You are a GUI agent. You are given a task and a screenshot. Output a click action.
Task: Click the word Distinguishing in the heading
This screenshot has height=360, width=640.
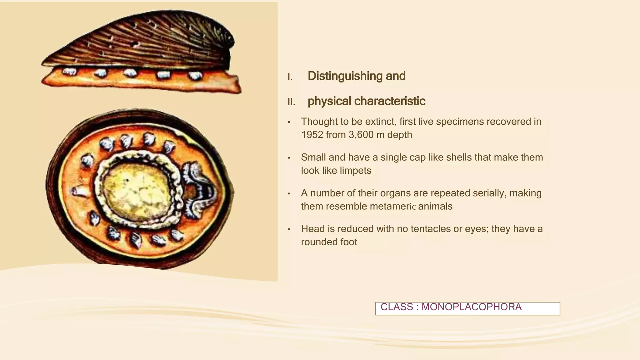[345, 76]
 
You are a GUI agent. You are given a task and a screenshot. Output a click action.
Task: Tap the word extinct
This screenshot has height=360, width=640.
[379, 122]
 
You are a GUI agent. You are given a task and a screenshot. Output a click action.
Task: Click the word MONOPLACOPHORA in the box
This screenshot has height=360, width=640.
[471, 307]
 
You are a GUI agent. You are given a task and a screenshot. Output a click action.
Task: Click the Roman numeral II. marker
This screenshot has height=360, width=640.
[291, 102]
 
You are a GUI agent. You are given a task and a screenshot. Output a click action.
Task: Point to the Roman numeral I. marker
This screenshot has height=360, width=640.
[290, 77]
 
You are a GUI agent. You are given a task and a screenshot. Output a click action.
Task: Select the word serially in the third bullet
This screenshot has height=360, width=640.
[489, 193]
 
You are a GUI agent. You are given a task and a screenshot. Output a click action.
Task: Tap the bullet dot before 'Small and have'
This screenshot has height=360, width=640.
[289, 158]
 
